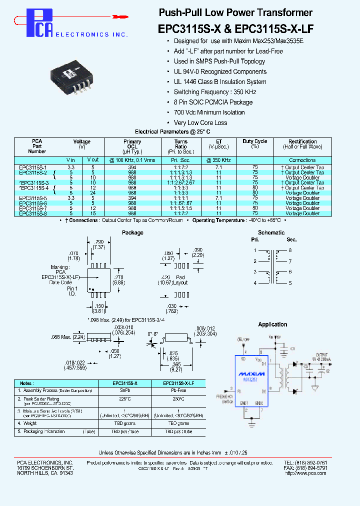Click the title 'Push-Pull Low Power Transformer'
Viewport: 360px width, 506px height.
(x=235, y=12)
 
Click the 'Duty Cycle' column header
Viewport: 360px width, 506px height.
(x=254, y=144)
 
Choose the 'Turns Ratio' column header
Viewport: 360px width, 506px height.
(x=180, y=146)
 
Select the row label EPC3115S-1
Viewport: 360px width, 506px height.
(x=33, y=167)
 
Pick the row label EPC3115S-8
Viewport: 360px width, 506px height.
(x=33, y=213)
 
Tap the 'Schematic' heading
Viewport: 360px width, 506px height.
(x=271, y=232)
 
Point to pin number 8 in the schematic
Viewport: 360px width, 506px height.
(x=289, y=250)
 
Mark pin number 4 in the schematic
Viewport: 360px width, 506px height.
(x=254, y=283)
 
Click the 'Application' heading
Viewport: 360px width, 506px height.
(x=272, y=324)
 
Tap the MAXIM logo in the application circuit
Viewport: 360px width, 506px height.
(x=252, y=373)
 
